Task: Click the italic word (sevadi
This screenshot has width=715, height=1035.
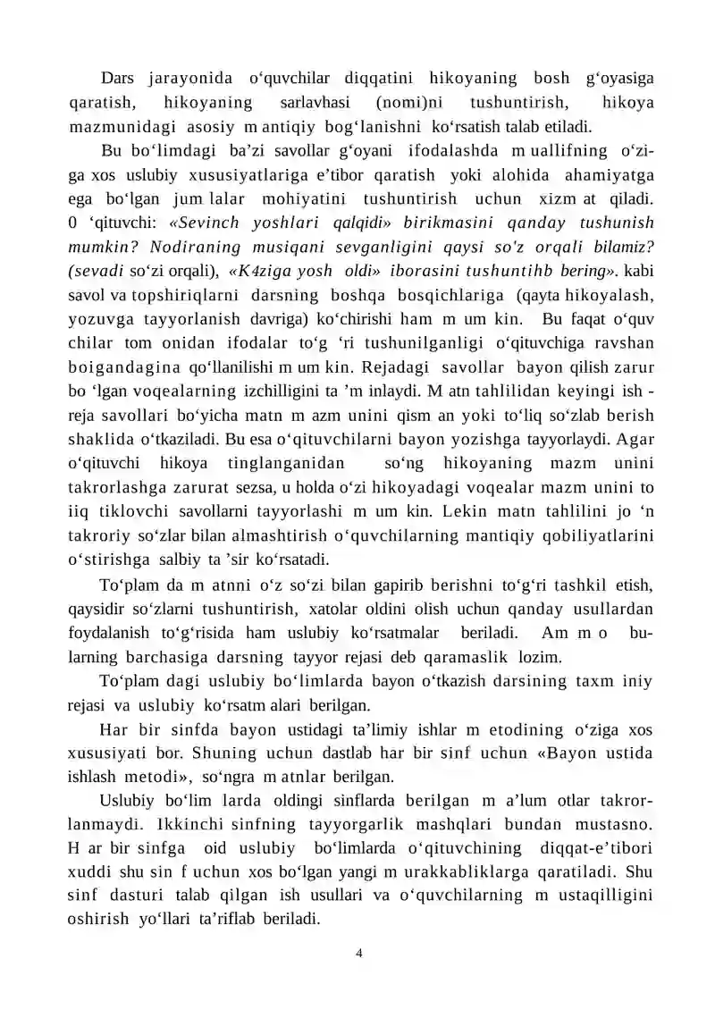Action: point(99,270)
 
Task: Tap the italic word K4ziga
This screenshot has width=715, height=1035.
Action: point(269,270)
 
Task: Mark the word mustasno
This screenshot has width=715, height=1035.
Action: point(617,828)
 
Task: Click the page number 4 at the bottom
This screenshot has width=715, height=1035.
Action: point(358,953)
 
